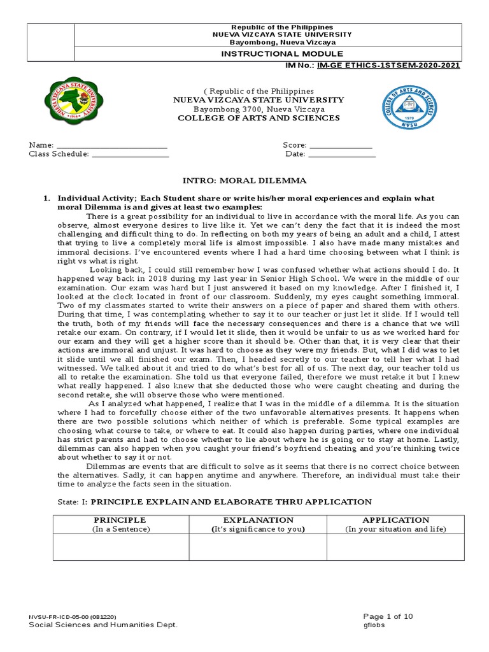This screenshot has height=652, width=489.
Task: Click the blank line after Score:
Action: coord(341,146)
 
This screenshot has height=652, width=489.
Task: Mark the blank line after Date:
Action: coord(342,155)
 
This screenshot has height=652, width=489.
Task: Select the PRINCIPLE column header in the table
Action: coord(121,520)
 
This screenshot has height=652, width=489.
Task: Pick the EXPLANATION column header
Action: coord(258,520)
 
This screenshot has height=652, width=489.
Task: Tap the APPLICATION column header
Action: coord(395,520)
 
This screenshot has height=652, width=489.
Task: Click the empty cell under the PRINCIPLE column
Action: coord(121,547)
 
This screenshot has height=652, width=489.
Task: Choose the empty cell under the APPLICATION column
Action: coord(395,547)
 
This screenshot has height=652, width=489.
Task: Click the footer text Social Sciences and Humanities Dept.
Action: coord(103,625)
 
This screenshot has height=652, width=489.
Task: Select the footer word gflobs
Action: coord(374,625)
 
